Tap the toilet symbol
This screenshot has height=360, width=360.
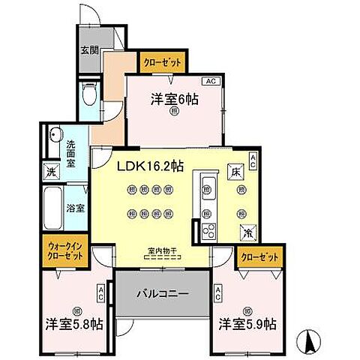89,94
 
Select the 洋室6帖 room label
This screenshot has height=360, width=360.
174,98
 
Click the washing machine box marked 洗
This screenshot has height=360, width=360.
52,171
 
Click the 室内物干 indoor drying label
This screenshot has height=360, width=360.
162,252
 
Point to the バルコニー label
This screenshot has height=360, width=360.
162,294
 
